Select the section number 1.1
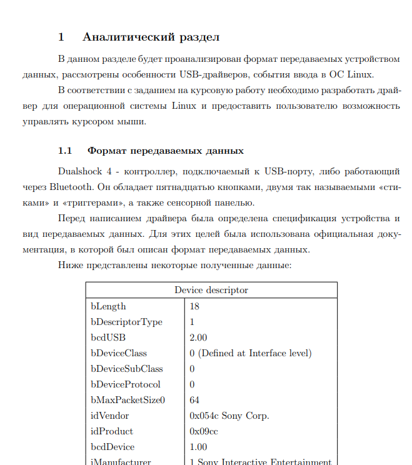pyautogui.click(x=66, y=151)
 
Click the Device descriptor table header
pyautogui.click(x=211, y=290)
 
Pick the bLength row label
pyautogui.click(x=108, y=306)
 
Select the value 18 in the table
pyautogui.click(x=194, y=306)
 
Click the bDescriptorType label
pyautogui.click(x=126, y=322)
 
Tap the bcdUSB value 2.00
pyautogui.click(x=198, y=337)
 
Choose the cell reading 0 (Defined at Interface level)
pyautogui.click(x=250, y=353)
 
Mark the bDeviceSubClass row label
pyautogui.click(x=126, y=369)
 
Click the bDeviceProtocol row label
pyautogui.click(x=125, y=384)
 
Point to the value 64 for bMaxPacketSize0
pyautogui.click(x=194, y=400)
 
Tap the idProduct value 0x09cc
pyautogui.click(x=204, y=431)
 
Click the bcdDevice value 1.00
pyautogui.click(x=198, y=447)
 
